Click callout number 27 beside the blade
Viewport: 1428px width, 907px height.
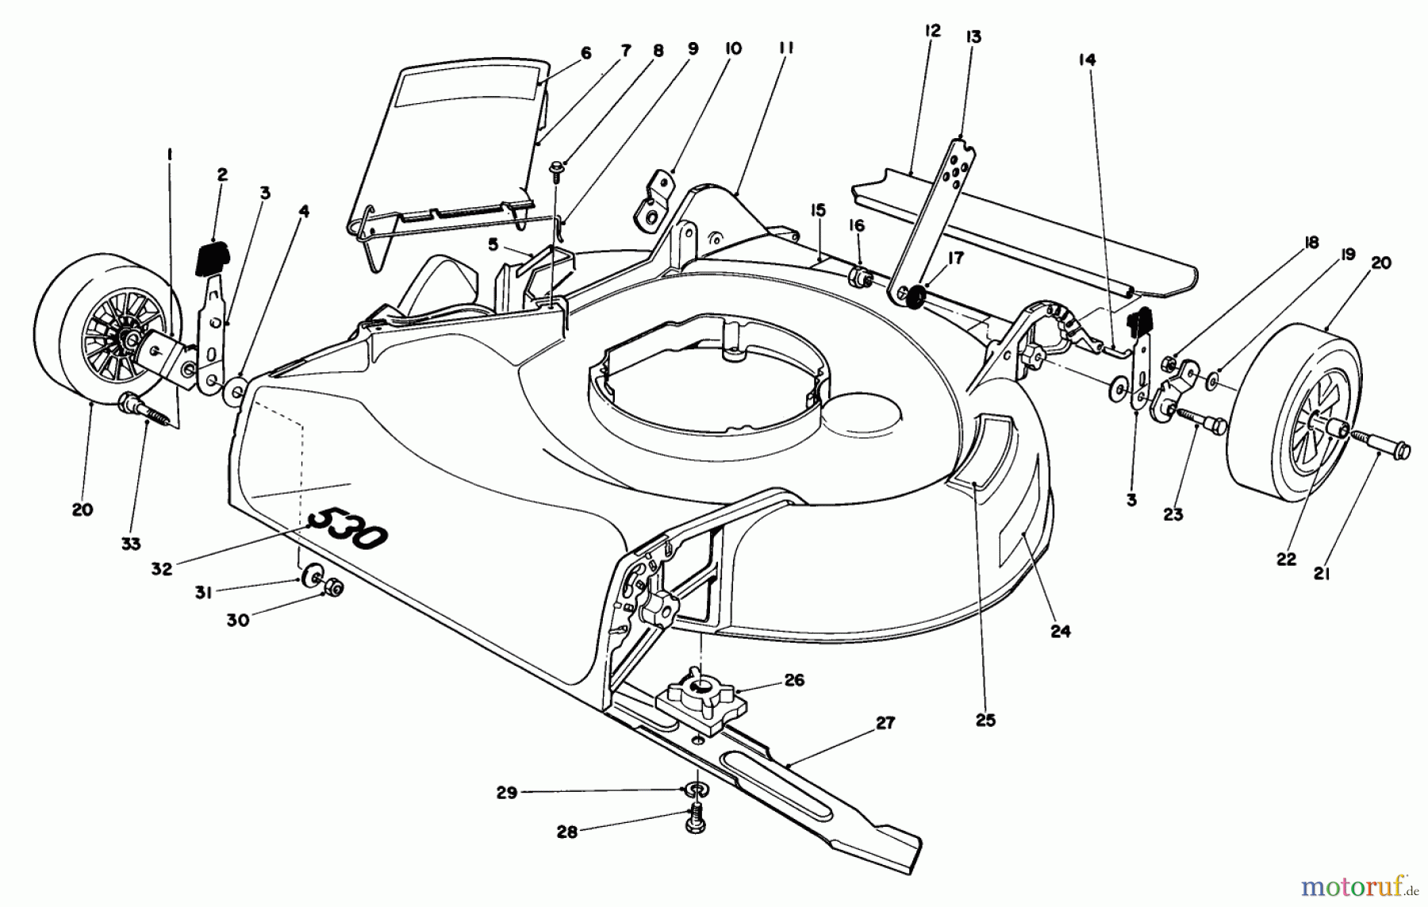click(885, 723)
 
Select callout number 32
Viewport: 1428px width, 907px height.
click(161, 569)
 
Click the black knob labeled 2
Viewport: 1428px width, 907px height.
click(212, 258)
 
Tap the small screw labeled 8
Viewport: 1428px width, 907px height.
click(558, 167)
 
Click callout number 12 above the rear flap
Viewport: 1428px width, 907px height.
click(932, 31)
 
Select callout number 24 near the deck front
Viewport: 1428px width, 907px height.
click(1060, 632)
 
